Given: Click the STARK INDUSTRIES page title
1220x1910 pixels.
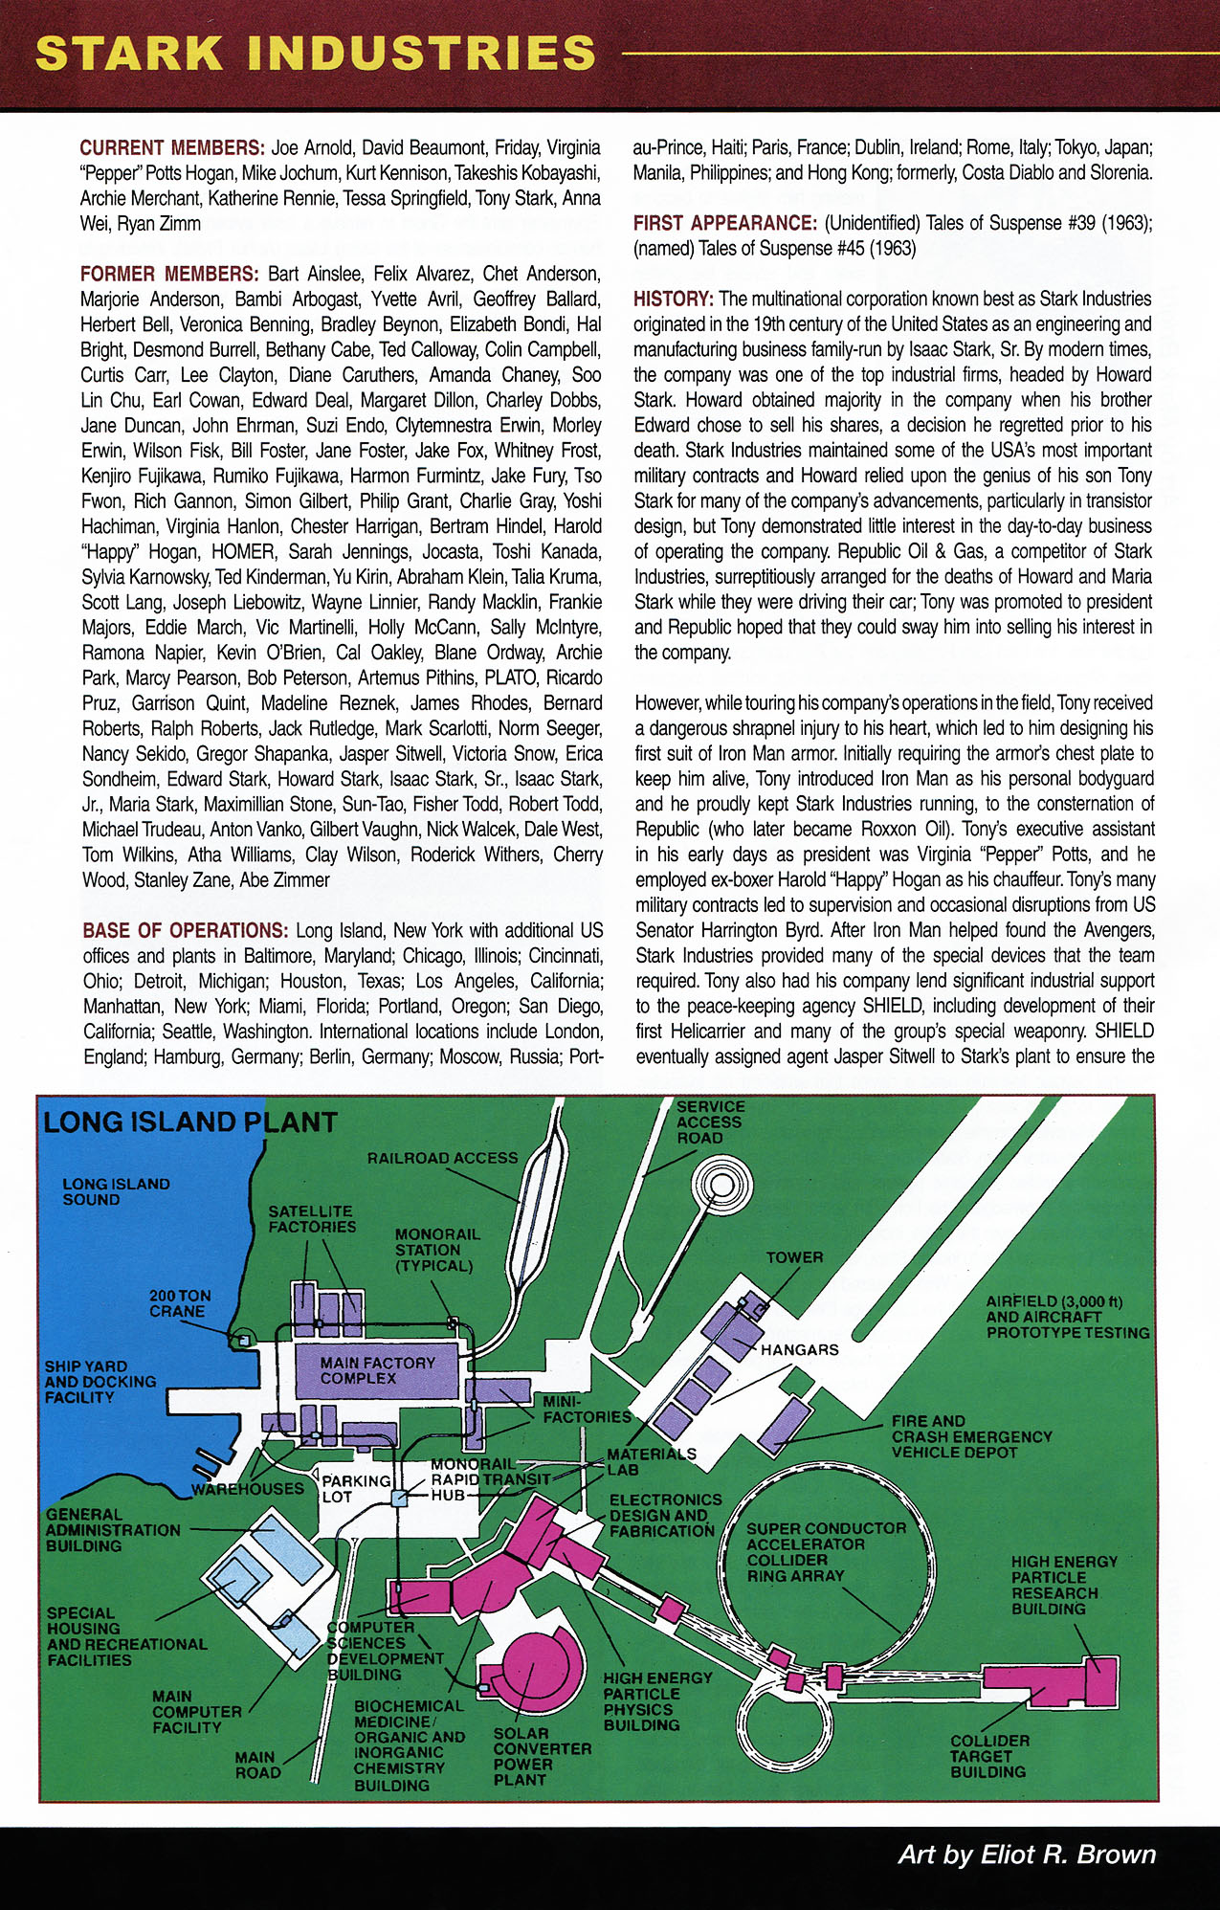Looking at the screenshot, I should [x=316, y=54].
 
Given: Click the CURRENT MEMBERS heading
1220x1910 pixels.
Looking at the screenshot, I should [x=171, y=147].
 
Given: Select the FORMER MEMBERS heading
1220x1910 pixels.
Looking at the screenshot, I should [x=168, y=274].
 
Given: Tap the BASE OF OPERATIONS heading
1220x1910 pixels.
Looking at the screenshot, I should [x=185, y=930].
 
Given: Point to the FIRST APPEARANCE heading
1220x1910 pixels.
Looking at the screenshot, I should [x=724, y=223].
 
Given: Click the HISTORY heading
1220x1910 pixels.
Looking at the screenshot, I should [x=673, y=299].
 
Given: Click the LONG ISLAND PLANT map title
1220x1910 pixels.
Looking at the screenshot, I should [x=190, y=1122].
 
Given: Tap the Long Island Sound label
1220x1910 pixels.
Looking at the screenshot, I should [x=116, y=1191].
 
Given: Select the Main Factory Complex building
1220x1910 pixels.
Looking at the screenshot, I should [x=377, y=1370].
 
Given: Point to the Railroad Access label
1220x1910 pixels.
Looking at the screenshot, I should [x=442, y=1158].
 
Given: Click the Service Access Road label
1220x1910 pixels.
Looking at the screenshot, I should [x=710, y=1122].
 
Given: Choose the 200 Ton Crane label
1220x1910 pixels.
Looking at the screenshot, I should [x=179, y=1302].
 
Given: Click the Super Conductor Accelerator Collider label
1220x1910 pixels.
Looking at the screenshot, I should [x=825, y=1551].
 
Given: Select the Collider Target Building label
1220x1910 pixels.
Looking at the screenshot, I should [x=989, y=1756].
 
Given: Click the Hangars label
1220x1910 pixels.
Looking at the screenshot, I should [x=799, y=1349].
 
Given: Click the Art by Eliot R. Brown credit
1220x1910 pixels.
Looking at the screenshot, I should [x=1026, y=1854].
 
